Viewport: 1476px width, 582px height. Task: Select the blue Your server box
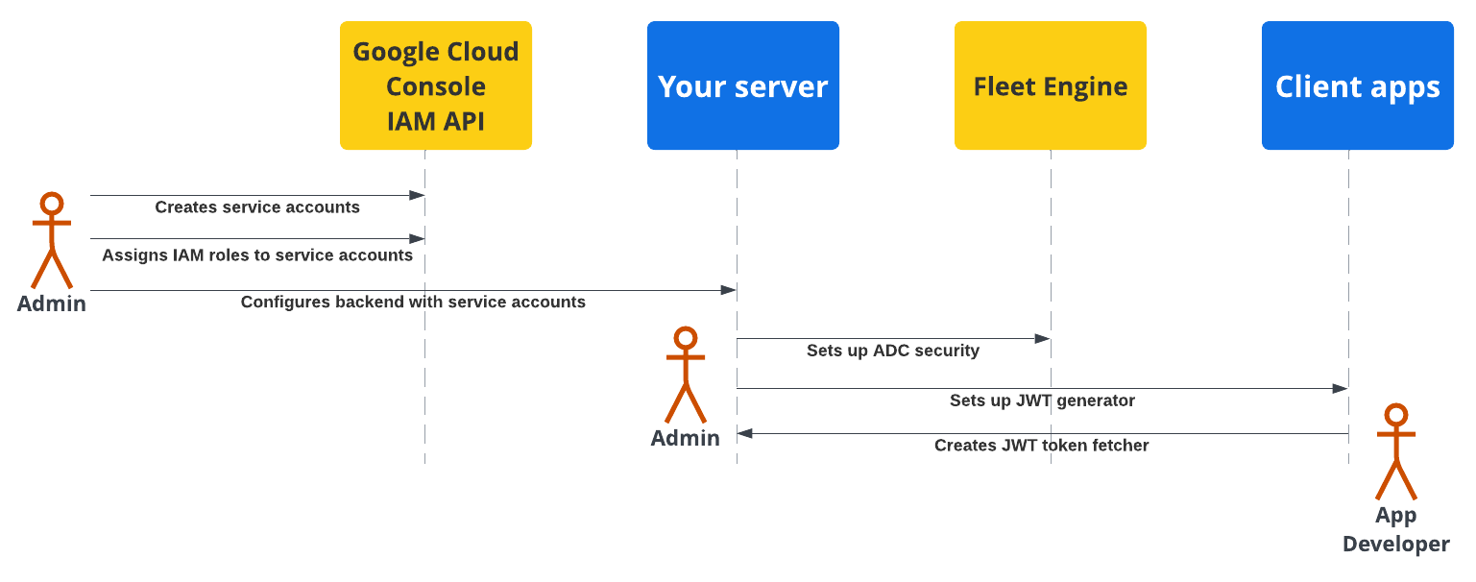(742, 86)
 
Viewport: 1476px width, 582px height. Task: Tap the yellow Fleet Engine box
(1050, 86)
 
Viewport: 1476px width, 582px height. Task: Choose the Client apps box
(1357, 86)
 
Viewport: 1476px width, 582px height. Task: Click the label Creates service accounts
(257, 207)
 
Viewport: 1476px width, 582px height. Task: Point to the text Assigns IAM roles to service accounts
(257, 255)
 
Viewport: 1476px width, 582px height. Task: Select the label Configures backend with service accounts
(413, 302)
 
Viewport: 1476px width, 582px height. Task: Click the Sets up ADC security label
(893, 351)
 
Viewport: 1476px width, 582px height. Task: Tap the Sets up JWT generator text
(1042, 400)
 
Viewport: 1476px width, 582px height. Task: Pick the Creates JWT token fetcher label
(1041, 446)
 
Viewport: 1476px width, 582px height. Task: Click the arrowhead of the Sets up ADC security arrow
(1043, 339)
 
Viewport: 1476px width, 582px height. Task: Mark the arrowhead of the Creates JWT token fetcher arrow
(744, 433)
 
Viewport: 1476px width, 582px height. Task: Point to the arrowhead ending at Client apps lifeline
(1341, 388)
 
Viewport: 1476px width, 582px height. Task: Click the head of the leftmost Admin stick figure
(52, 204)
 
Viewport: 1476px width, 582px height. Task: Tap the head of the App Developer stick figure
(1395, 415)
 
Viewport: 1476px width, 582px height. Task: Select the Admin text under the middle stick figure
(685, 438)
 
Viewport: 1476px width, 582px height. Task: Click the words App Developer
(1395, 530)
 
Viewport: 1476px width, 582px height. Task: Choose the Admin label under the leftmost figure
(52, 303)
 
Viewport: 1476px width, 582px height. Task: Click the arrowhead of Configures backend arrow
(729, 290)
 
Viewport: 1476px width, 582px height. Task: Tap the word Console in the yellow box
(435, 86)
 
